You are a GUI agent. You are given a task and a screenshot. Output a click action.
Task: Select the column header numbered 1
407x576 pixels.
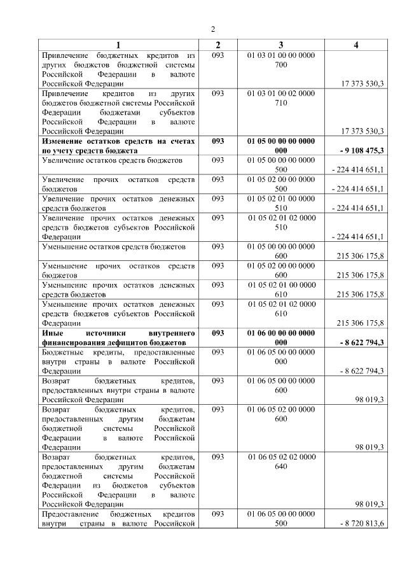point(118,45)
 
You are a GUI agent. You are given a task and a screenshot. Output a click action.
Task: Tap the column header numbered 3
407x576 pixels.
point(280,45)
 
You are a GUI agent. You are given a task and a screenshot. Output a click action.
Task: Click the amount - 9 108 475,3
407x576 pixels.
point(359,150)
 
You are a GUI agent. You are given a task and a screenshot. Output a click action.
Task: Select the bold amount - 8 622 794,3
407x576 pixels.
point(359,342)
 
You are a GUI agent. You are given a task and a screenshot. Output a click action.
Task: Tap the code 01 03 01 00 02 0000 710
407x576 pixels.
point(280,98)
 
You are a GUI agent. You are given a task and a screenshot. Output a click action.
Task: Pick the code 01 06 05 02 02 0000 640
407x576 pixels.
point(280,462)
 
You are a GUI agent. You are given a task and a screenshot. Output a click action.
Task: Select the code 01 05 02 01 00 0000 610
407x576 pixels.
point(280,290)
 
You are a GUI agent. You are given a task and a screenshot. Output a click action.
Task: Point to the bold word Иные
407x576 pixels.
point(52,332)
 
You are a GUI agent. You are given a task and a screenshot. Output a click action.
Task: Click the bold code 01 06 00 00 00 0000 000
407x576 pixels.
point(280,337)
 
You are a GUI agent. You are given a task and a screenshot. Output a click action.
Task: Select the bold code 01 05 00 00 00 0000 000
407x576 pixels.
point(280,146)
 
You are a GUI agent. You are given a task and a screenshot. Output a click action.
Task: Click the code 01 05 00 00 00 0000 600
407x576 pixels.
point(280,251)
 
